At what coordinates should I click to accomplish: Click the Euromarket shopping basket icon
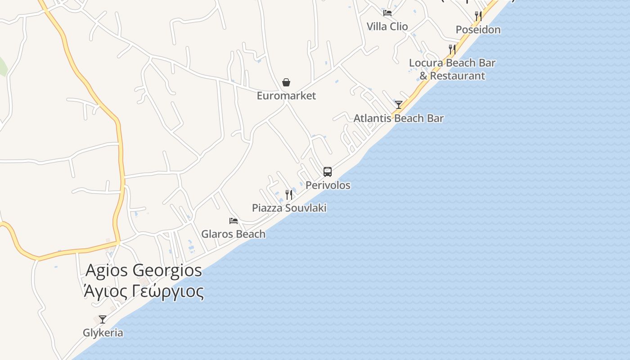click(x=286, y=82)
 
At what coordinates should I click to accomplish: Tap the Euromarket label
click(x=286, y=96)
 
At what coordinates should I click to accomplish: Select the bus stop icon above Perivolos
click(x=328, y=171)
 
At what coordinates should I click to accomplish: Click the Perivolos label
click(x=328, y=185)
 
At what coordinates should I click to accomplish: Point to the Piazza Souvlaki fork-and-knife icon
click(x=289, y=194)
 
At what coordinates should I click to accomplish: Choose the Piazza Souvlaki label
click(x=289, y=208)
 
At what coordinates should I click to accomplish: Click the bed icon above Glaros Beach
click(x=233, y=220)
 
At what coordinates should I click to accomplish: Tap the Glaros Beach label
click(x=233, y=234)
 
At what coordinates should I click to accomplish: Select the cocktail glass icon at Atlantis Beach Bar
click(x=398, y=105)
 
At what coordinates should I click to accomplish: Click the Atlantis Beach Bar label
click(x=398, y=118)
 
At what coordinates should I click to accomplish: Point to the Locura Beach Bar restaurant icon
click(x=452, y=49)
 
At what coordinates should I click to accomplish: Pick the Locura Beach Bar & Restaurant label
click(x=452, y=69)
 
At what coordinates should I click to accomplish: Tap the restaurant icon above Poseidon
click(x=478, y=16)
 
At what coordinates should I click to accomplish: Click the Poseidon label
click(x=478, y=30)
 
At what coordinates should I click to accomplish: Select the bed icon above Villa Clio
click(x=387, y=13)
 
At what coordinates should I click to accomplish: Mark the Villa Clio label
click(x=387, y=27)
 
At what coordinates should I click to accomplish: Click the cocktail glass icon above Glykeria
click(x=103, y=319)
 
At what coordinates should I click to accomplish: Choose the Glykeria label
click(x=103, y=333)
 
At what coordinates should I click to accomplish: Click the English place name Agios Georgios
click(x=144, y=270)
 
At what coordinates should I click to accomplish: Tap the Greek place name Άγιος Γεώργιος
click(x=144, y=291)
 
